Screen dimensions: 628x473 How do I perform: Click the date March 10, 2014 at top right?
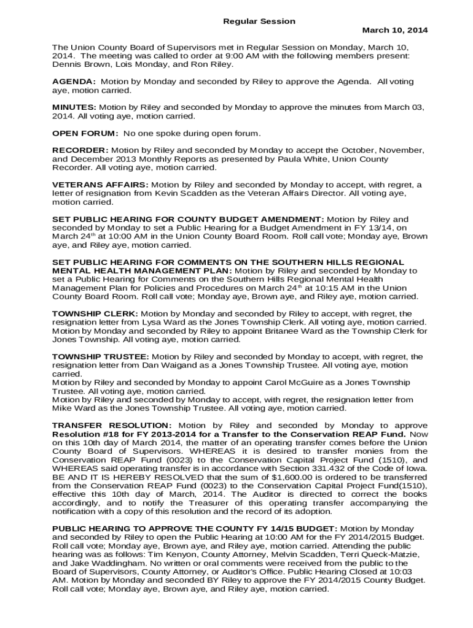pos(395,30)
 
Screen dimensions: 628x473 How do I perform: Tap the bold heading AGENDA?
pos(74,82)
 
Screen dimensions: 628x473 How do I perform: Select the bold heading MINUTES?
pos(74,107)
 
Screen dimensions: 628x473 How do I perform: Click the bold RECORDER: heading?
pos(80,150)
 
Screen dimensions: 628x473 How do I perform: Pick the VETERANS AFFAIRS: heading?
pos(100,185)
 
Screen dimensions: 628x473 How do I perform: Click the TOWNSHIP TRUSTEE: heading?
pos(100,356)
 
